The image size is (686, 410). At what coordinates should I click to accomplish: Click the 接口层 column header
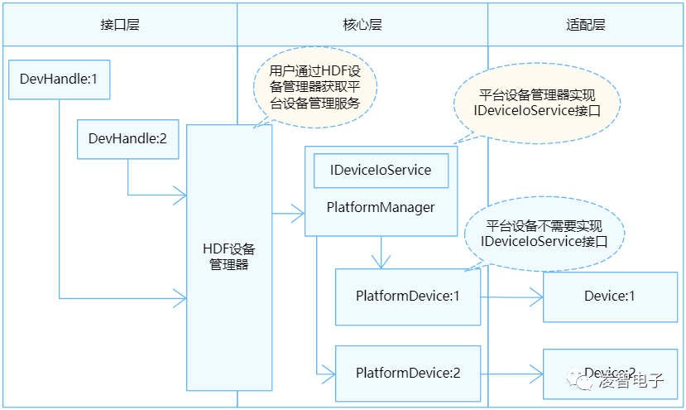(119, 24)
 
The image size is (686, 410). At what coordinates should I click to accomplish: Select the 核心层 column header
(362, 24)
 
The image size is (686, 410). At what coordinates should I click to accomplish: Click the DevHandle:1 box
(59, 80)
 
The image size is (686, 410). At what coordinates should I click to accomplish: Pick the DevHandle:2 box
(127, 139)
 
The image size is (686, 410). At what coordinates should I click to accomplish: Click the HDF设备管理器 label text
(229, 257)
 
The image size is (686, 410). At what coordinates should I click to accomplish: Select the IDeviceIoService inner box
(381, 171)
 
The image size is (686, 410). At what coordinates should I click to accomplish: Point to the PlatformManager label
(381, 207)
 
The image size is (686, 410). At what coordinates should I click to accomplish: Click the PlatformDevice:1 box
(407, 296)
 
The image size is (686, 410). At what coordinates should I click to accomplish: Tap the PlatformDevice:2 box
(407, 373)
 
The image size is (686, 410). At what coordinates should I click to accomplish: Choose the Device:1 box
(609, 296)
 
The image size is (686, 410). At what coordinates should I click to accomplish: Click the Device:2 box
(609, 373)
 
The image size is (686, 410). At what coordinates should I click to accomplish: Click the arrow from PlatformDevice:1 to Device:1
(511, 296)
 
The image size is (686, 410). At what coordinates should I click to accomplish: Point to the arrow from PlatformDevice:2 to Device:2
(511, 374)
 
